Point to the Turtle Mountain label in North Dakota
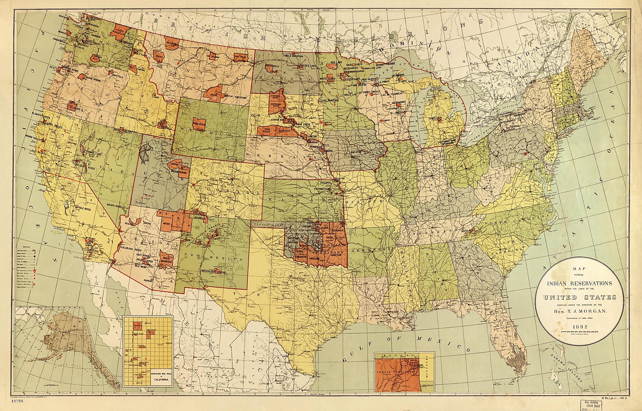coord(293,56)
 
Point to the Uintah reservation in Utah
coord(174,164)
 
